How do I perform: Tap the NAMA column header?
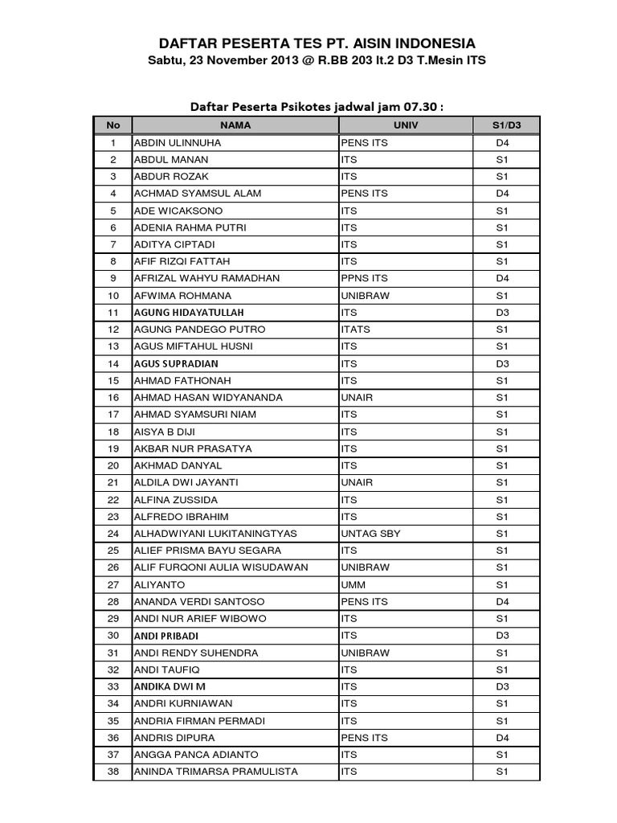click(235, 125)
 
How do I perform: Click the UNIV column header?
click(406, 125)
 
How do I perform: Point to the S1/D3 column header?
click(506, 125)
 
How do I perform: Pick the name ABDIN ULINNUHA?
click(178, 143)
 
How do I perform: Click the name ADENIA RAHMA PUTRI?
click(190, 228)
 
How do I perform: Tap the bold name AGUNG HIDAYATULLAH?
click(189, 313)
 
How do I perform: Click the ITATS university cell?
click(356, 330)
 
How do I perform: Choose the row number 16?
click(113, 398)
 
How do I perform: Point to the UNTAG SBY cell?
click(370, 534)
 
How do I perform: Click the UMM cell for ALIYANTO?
click(353, 584)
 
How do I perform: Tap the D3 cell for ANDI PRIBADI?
click(503, 636)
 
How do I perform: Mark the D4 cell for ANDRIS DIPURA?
click(503, 738)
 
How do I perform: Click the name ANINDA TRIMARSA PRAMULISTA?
click(215, 772)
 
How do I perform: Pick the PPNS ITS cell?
click(365, 279)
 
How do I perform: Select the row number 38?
click(113, 772)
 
